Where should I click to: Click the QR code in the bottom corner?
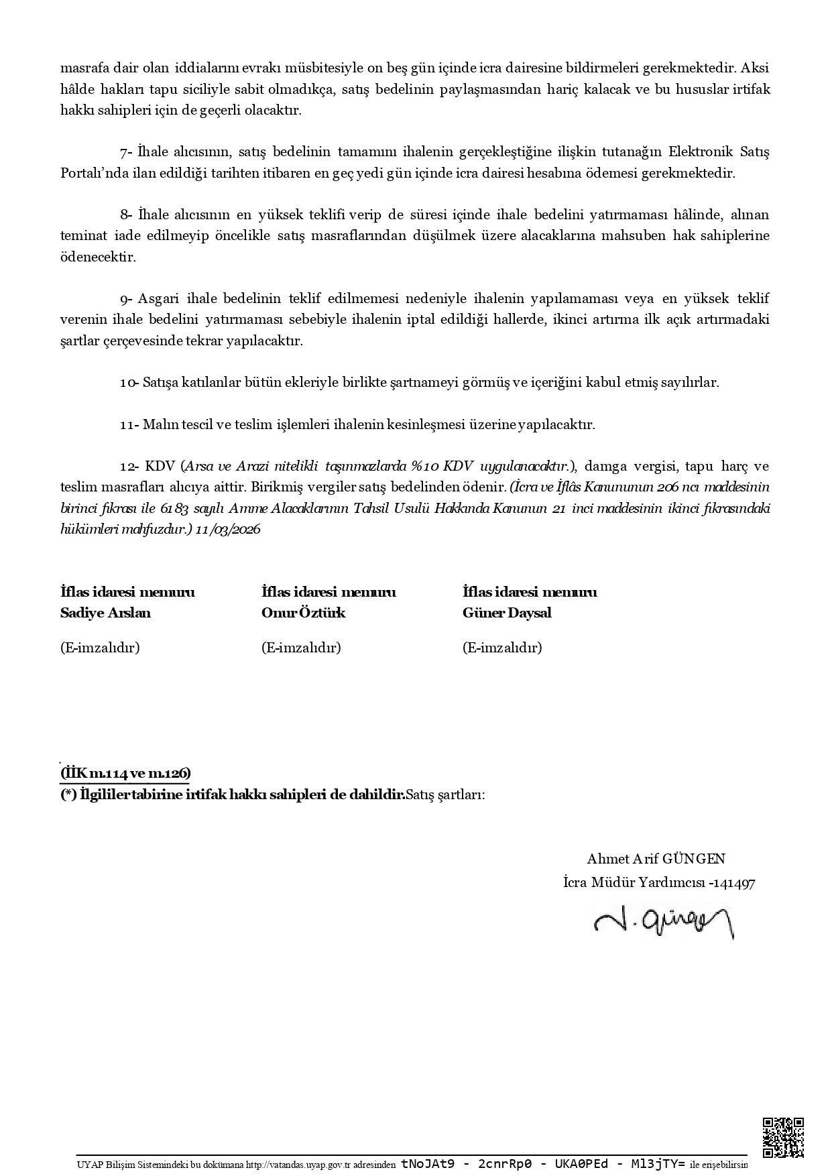click(x=783, y=1137)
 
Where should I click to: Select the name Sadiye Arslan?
click(x=105, y=613)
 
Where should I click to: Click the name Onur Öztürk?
click(x=303, y=613)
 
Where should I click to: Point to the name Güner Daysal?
click(x=507, y=613)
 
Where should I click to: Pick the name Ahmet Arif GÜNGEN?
click(x=656, y=859)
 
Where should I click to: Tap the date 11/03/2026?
click(x=228, y=529)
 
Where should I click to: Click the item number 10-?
click(x=129, y=383)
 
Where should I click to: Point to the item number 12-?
click(x=129, y=466)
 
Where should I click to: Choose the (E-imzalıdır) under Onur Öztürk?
click(x=301, y=648)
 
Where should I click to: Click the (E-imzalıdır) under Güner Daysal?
click(x=502, y=648)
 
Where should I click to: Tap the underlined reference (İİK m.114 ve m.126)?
click(x=125, y=773)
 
